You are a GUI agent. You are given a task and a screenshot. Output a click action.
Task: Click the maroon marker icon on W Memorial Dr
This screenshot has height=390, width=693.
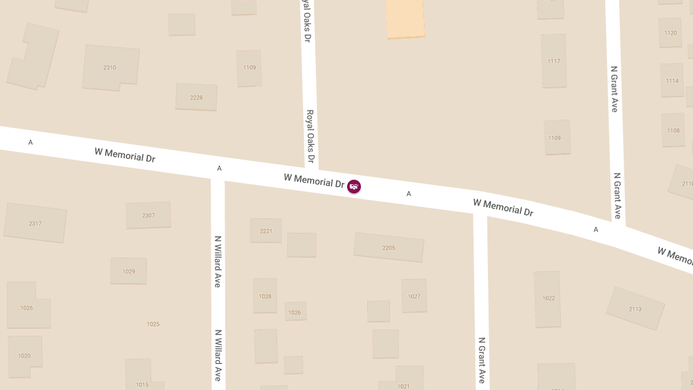click(x=354, y=186)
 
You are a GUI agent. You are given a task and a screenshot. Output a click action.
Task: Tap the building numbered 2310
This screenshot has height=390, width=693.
click(x=110, y=68)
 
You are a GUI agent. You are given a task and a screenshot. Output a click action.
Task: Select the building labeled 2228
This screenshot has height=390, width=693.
click(x=196, y=97)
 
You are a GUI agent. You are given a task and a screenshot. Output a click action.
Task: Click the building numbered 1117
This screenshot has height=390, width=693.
click(x=554, y=61)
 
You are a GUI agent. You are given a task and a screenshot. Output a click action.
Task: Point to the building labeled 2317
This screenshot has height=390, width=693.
click(x=35, y=223)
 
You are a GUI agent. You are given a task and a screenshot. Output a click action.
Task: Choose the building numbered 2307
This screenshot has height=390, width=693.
click(x=148, y=215)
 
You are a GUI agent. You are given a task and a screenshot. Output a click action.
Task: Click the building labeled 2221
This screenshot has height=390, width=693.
click(x=266, y=231)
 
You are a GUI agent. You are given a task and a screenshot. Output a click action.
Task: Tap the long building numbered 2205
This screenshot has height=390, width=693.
click(x=389, y=247)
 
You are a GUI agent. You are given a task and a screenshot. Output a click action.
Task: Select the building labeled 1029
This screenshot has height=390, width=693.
click(x=129, y=271)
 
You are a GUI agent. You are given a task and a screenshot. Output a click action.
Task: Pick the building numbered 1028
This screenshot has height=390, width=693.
click(x=265, y=296)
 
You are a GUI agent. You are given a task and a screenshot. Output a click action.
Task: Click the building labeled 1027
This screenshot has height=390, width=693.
click(x=414, y=296)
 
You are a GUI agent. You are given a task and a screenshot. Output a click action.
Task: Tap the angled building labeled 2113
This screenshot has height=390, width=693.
click(x=635, y=309)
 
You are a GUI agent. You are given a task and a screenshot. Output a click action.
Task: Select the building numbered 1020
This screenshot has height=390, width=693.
click(x=24, y=355)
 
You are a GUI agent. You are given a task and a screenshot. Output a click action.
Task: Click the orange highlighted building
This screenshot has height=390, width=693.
click(x=405, y=18)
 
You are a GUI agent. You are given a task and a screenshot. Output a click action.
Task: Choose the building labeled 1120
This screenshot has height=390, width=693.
click(x=670, y=32)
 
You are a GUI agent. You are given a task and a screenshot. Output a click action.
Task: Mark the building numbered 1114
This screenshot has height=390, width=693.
click(x=672, y=80)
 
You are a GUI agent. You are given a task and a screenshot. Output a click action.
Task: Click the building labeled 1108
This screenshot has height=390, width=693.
click(x=673, y=130)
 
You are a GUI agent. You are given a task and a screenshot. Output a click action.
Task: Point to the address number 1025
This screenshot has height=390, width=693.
click(x=153, y=324)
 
